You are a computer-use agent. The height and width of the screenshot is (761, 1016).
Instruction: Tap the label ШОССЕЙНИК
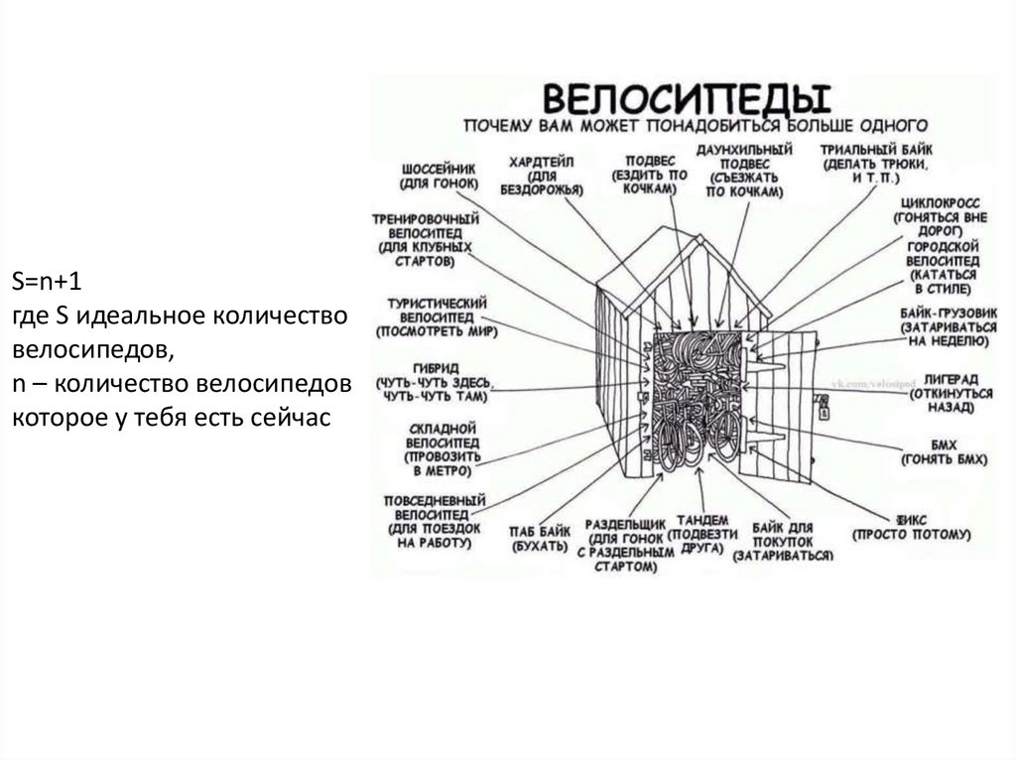pos(439,169)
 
